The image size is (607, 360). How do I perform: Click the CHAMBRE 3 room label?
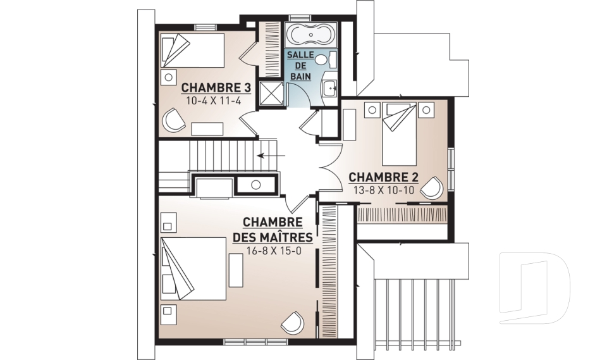pyautogui.click(x=216, y=87)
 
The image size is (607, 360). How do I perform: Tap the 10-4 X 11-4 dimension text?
pyautogui.click(x=214, y=101)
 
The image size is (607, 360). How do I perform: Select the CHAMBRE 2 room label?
pyautogui.click(x=384, y=178)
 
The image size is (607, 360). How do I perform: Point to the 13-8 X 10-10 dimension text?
pyautogui.click(x=384, y=190)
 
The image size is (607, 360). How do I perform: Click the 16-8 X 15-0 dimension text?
pyautogui.click(x=274, y=251)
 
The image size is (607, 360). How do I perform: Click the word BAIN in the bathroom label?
pyautogui.click(x=301, y=77)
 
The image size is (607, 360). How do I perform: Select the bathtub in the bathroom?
pyautogui.click(x=311, y=35)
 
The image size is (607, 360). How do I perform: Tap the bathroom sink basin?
pyautogui.click(x=330, y=88)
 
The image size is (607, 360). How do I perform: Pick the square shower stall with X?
pyautogui.click(x=271, y=93)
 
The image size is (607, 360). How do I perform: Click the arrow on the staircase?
pyautogui.click(x=271, y=156)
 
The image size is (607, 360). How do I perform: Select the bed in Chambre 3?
pyautogui.click(x=192, y=51)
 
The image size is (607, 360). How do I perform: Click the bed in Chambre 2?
pyautogui.click(x=399, y=134)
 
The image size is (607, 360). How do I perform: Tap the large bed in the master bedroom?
pyautogui.click(x=193, y=268)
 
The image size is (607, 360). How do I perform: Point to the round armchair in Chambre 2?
pyautogui.click(x=432, y=188)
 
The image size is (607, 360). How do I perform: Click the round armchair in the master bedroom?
pyautogui.click(x=293, y=321)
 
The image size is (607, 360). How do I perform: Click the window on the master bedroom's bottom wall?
pyautogui.click(x=255, y=342)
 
